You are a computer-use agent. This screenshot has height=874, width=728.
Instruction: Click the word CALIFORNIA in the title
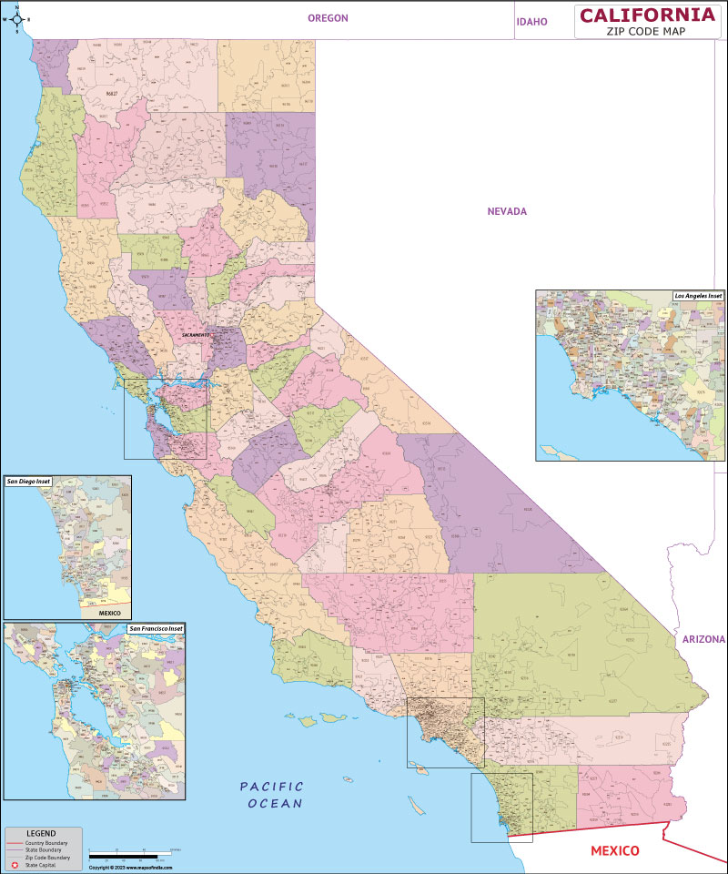pyautogui.click(x=647, y=14)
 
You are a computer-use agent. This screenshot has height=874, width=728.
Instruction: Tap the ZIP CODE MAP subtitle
pyautogui.click(x=646, y=30)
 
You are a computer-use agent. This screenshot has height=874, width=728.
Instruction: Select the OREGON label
pyautogui.click(x=328, y=18)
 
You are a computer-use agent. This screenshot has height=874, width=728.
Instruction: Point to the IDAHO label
pyautogui.click(x=531, y=22)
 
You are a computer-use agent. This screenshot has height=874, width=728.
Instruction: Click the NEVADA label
pyautogui.click(x=507, y=211)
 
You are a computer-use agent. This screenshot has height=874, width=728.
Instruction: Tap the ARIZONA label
pyautogui.click(x=703, y=640)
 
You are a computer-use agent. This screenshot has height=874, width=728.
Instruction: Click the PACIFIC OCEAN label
pyautogui.click(x=272, y=795)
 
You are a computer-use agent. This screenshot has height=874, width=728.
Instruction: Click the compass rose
pyautogui.click(x=16, y=17)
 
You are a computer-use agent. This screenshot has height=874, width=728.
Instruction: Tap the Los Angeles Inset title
pyautogui.click(x=698, y=296)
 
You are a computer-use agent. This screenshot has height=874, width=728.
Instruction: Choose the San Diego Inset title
pyautogui.click(x=28, y=481)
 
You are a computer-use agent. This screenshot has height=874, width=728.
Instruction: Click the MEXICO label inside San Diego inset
pyautogui.click(x=109, y=614)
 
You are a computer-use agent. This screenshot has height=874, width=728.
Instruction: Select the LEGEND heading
pyautogui.click(x=40, y=833)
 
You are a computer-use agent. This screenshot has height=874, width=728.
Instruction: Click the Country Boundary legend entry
pyautogui.click(x=45, y=843)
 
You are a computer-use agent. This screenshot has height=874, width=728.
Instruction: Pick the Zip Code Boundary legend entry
pyautogui.click(x=46, y=857)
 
